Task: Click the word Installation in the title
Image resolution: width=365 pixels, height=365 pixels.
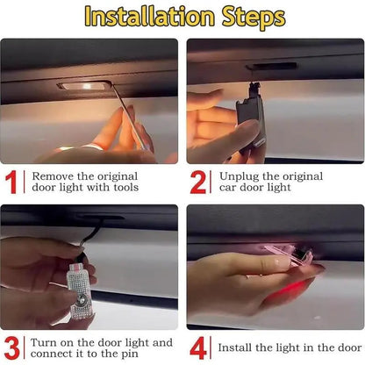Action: pos(146,17)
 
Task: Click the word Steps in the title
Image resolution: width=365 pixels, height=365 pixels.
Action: pos(247,17)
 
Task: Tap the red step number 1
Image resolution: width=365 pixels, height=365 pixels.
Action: pos(13,181)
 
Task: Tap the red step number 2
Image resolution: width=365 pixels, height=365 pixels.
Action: pos(199,181)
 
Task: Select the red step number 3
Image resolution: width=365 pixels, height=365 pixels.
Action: pos(13,347)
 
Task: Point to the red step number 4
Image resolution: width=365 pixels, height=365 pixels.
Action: pos(199,347)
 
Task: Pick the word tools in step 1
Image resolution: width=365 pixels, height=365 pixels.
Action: pos(122,188)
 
